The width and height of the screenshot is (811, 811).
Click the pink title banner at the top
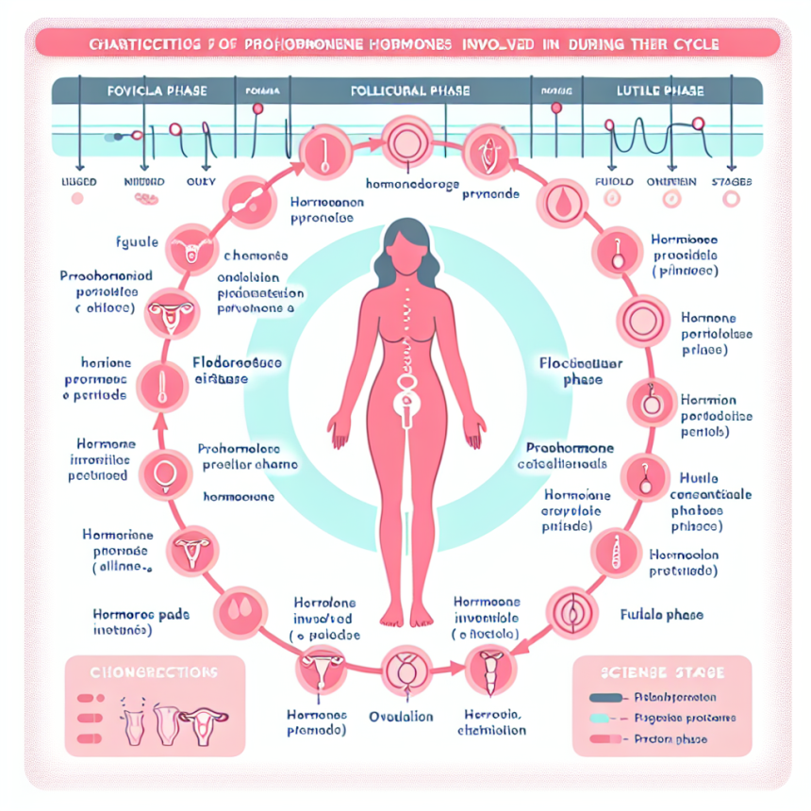[x=405, y=43]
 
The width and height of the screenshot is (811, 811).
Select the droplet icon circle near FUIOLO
[x=557, y=202]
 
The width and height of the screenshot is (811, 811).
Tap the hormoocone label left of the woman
[x=240, y=496]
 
